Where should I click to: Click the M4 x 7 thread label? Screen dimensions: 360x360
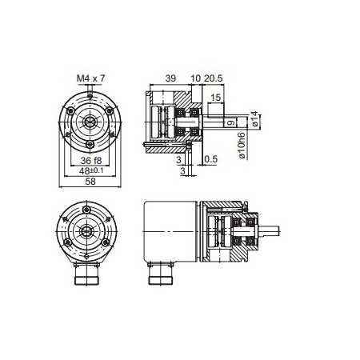pyautogui.click(x=90, y=78)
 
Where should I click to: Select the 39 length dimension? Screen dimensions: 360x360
pyautogui.click(x=170, y=78)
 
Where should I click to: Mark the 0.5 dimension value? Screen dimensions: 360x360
pyautogui.click(x=211, y=159)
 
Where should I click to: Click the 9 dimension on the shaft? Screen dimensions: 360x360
pyautogui.click(x=230, y=122)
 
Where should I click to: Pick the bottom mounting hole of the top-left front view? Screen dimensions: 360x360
pyautogui.click(x=91, y=145)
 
